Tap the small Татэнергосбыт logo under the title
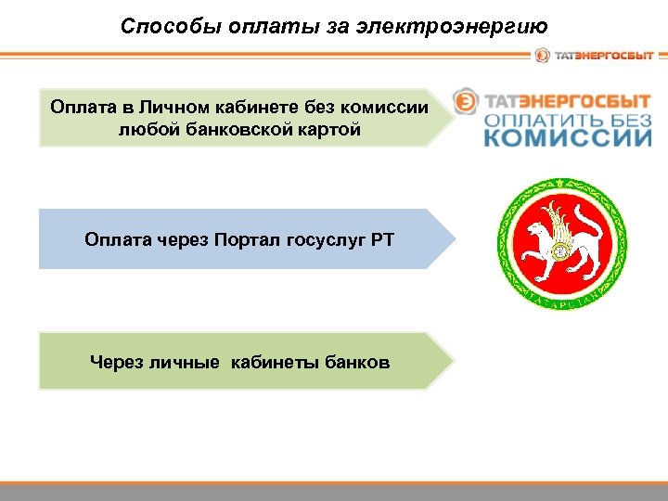tap(594, 56)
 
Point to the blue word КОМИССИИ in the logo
tap(568, 139)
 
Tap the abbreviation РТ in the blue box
tap(382, 240)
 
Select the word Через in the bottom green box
tap(114, 361)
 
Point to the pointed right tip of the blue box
tap(455, 239)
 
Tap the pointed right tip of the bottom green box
tap(454, 361)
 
